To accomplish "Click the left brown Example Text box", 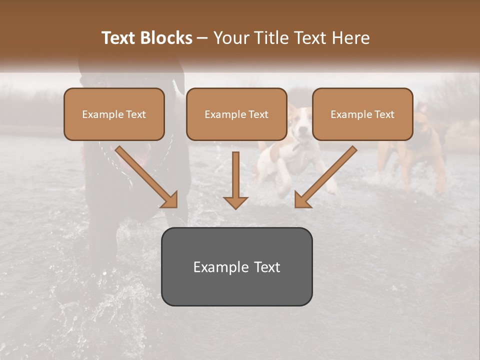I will pos(114,114).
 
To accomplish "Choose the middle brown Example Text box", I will pos(236,114).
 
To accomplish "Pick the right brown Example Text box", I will pos(362,114).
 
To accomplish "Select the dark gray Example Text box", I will pos(236,267).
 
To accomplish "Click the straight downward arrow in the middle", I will pos(235,177).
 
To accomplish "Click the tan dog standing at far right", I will pos(425,150).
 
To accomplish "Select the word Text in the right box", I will pos(384,114).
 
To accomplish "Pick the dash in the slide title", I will pos(202,38).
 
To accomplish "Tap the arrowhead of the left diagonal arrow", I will pos(170,200).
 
